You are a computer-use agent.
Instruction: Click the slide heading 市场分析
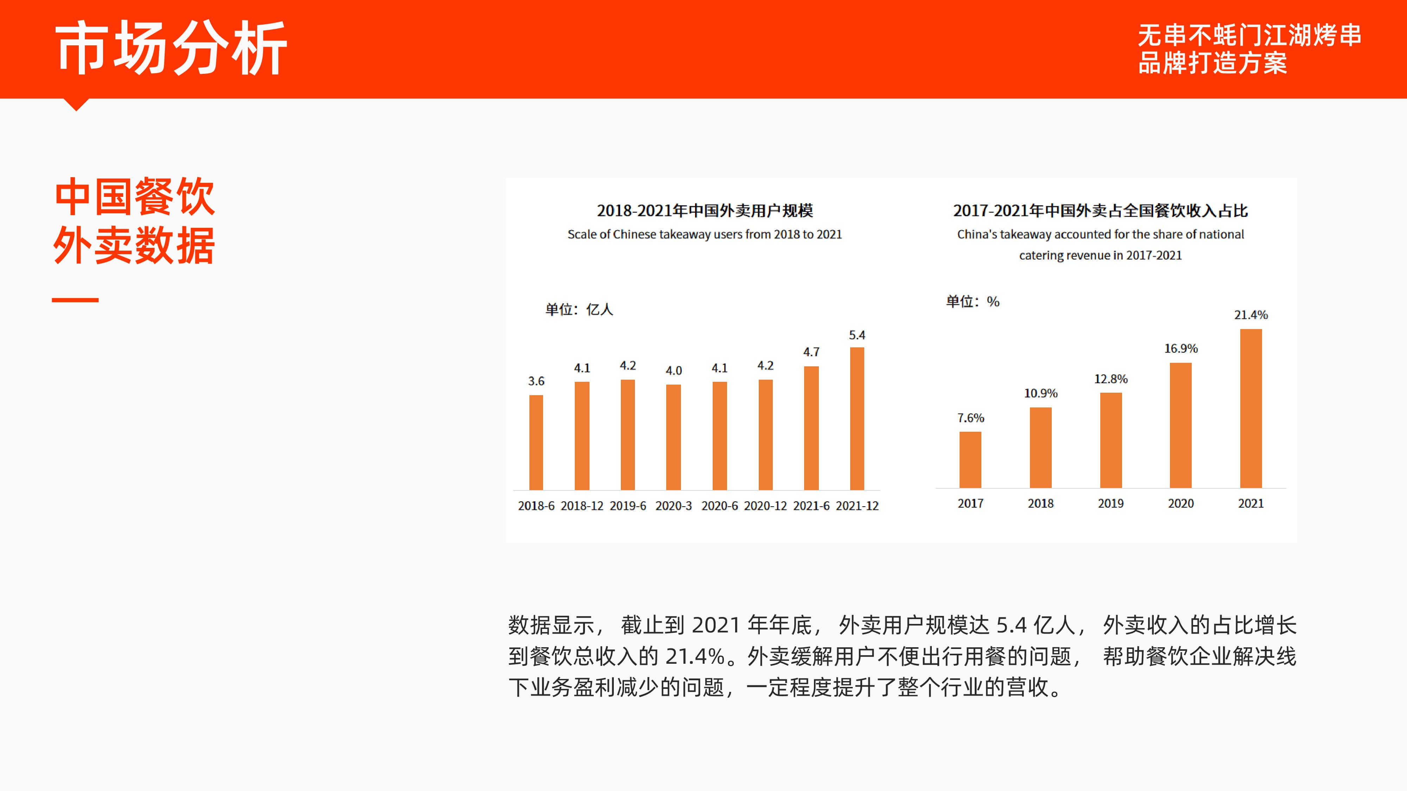tap(171, 48)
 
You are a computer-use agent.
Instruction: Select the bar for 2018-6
tap(536, 442)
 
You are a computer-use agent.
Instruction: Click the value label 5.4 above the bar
tap(857, 335)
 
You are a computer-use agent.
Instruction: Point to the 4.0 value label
tap(674, 370)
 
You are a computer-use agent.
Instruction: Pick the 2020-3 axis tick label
tap(674, 506)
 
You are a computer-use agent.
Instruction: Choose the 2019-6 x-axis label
tap(628, 506)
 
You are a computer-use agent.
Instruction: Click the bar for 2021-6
tap(811, 428)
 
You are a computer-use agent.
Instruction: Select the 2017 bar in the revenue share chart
tap(970, 459)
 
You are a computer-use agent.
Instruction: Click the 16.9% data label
tap(1181, 348)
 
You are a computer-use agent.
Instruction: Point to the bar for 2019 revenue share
tap(1110, 440)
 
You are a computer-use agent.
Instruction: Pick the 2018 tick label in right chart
tap(1040, 503)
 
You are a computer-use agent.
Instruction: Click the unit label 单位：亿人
tap(579, 309)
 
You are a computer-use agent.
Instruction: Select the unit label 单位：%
tap(973, 301)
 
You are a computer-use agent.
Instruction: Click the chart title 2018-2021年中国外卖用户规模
tap(705, 210)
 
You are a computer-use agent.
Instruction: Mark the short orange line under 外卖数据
tap(75, 300)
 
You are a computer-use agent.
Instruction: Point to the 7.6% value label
tap(970, 418)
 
